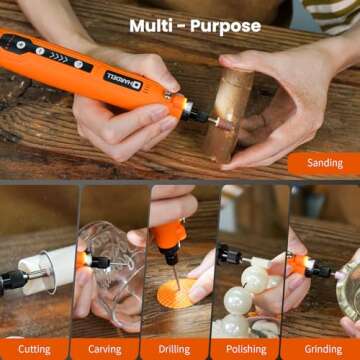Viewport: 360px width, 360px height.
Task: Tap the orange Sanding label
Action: (324, 163)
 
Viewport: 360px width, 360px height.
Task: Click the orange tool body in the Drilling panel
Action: (168, 240)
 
